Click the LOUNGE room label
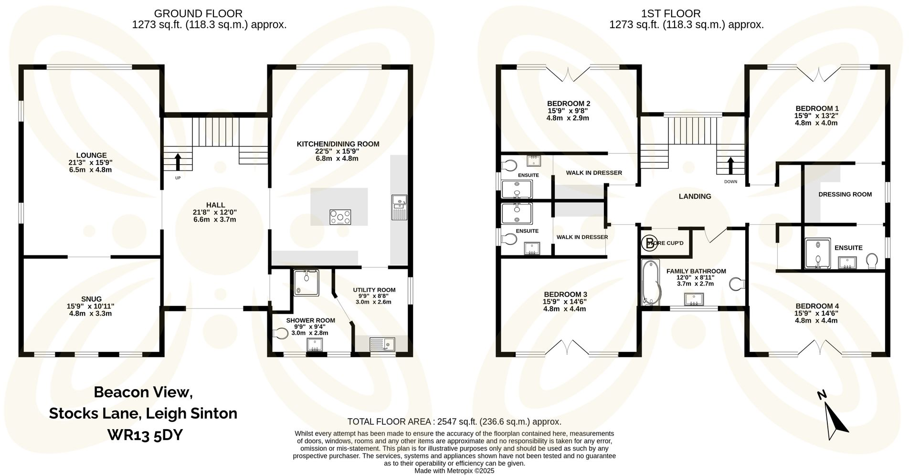tap(91, 155)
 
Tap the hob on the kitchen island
tap(340, 217)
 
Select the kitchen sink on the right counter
tap(399, 207)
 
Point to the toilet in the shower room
tap(280, 333)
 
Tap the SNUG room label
tap(91, 299)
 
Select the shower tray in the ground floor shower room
tap(306, 283)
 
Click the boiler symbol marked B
tap(649, 243)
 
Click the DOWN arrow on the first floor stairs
tap(730, 166)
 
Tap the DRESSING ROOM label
tap(845, 194)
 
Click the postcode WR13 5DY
tap(145, 435)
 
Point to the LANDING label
tap(695, 196)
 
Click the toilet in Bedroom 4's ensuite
tap(872, 261)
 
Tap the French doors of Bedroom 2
tap(568, 74)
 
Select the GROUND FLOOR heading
tap(198, 13)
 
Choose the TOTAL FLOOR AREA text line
tap(454, 422)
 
